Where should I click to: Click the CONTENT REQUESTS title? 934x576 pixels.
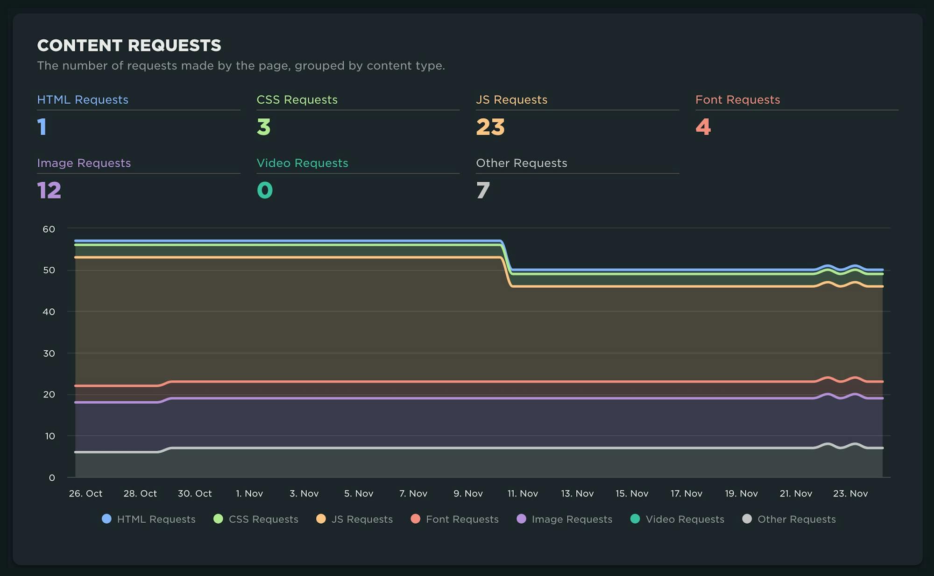[129, 45]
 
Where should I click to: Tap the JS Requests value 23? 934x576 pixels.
[490, 127]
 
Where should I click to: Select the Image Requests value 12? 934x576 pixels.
[49, 190]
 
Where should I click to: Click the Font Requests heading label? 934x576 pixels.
[737, 100]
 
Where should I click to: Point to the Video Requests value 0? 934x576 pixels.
[265, 190]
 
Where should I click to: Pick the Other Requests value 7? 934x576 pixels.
[483, 190]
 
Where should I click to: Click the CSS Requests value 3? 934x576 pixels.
[263, 127]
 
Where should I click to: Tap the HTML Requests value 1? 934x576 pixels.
[42, 127]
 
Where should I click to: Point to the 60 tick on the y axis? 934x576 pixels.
[49, 229]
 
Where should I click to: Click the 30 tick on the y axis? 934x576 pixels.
[49, 353]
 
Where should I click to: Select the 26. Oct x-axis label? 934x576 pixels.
[85, 493]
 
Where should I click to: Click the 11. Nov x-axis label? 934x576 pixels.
[523, 493]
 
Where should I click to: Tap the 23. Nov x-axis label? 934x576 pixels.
[850, 493]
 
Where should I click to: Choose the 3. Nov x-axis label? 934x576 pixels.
[304, 493]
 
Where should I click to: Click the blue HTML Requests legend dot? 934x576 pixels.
[106, 519]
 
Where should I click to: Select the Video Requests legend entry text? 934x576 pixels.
[685, 519]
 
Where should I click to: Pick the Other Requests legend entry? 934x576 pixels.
[796, 519]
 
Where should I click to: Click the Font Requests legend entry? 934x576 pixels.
[462, 519]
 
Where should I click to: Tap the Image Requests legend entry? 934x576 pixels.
[572, 519]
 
